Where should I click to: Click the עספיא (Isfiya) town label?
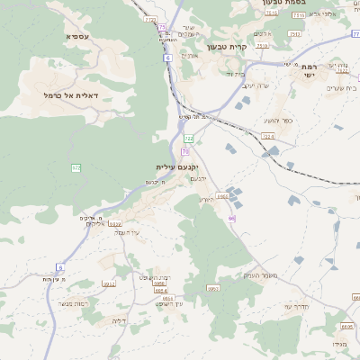pos(77,36)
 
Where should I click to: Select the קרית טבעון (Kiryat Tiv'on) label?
pos(221,46)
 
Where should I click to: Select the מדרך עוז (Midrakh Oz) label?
pos(296,306)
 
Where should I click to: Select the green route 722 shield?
pos(188,138)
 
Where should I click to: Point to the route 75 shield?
pos(162,27)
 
